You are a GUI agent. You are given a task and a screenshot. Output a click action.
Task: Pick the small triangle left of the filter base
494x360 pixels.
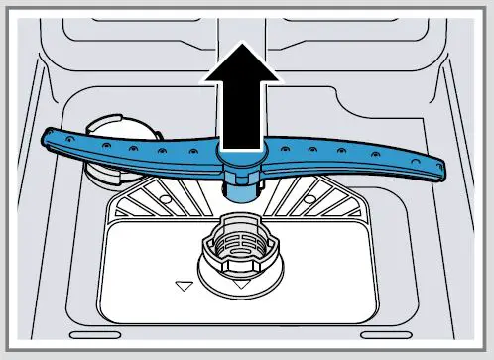click(x=182, y=286)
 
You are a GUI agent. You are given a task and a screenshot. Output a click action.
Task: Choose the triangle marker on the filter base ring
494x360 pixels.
click(x=241, y=285)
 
